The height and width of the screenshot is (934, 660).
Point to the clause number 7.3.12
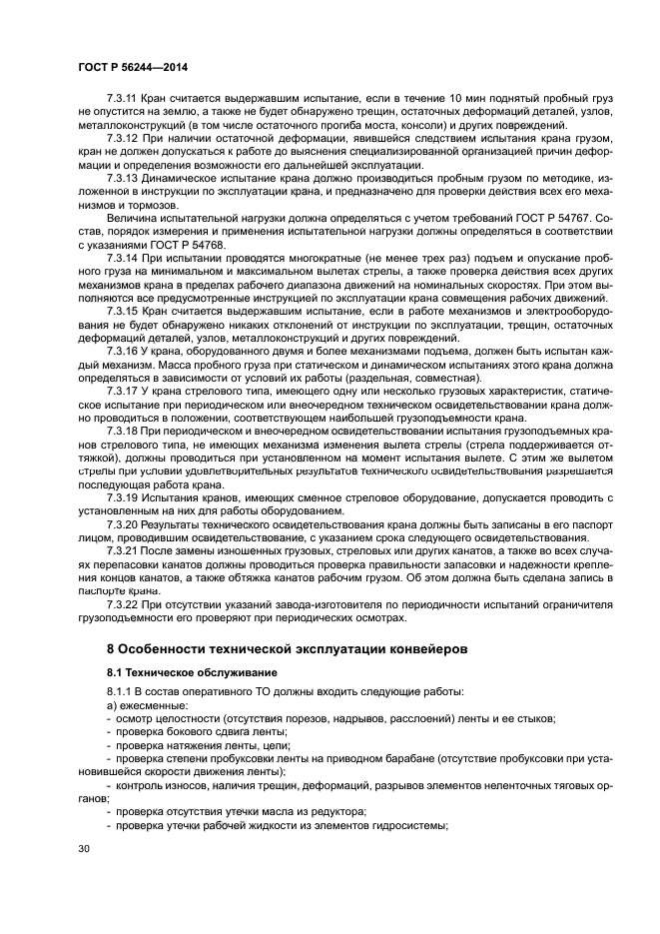(x=123, y=137)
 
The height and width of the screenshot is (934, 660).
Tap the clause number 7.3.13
(x=123, y=176)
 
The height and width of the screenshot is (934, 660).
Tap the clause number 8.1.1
(x=121, y=691)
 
